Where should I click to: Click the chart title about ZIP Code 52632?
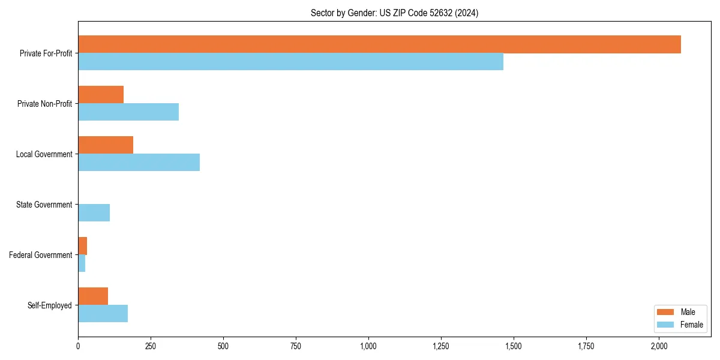[394, 13]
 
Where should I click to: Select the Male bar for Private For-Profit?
[379, 44]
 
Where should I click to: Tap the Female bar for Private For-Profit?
[290, 62]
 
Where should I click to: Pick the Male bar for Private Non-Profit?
[101, 95]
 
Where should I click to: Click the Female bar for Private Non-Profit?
[128, 112]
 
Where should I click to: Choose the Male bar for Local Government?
[106, 145]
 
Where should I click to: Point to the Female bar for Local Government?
[139, 163]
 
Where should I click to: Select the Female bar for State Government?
[94, 213]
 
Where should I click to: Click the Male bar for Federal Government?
[83, 246]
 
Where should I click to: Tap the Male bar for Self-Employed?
[93, 296]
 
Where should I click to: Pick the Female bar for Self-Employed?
[103, 314]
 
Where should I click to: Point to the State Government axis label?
[44, 205]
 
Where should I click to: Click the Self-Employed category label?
[49, 305]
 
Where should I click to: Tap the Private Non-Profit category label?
[44, 104]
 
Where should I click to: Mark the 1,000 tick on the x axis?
[368, 346]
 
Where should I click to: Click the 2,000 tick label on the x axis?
[659, 346]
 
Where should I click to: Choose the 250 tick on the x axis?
[151, 346]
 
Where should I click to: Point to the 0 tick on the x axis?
[78, 346]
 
